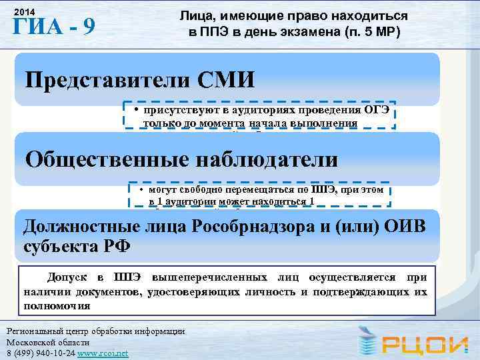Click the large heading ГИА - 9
click(x=54, y=29)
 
